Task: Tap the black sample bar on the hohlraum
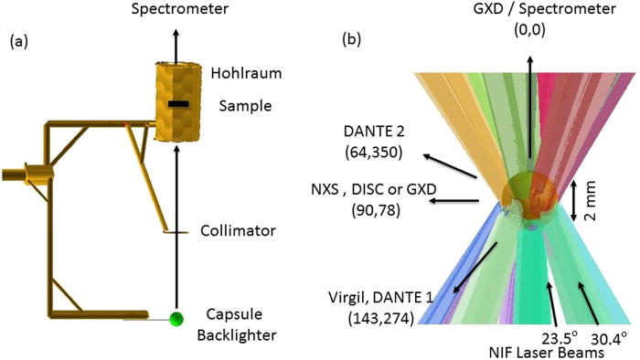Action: click(179, 105)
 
